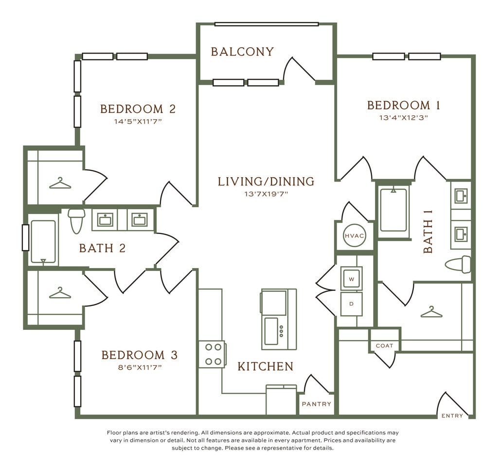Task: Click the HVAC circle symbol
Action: (x=355, y=236)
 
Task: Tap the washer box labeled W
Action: (x=351, y=279)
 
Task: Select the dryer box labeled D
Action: (x=351, y=304)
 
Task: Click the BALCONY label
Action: (x=242, y=52)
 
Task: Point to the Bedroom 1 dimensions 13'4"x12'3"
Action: (x=403, y=118)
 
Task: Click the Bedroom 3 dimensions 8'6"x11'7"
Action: (x=140, y=367)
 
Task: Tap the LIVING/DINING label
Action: (x=266, y=181)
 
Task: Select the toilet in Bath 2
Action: (x=76, y=221)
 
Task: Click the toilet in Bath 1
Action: (x=458, y=264)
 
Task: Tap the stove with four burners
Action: (x=213, y=354)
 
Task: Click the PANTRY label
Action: (x=316, y=404)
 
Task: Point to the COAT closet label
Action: (x=384, y=346)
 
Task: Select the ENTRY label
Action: (x=452, y=415)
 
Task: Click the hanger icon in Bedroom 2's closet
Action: (x=60, y=183)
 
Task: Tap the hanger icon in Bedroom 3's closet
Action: (x=60, y=293)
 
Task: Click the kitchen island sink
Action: (x=271, y=331)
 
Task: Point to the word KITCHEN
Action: (x=266, y=366)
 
